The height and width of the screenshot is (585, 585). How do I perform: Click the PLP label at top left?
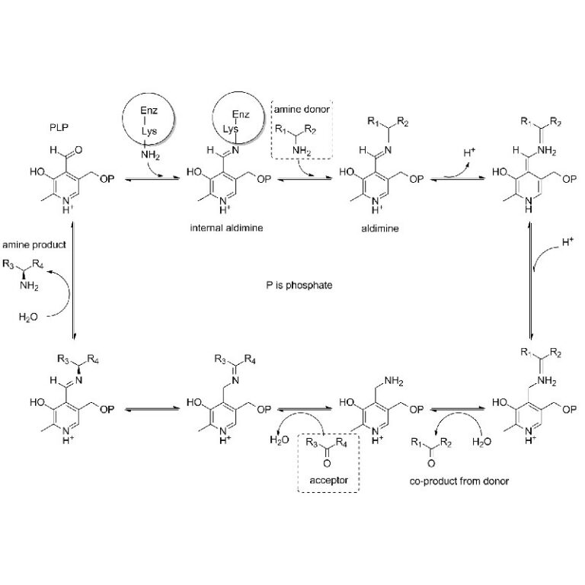[x=59, y=128]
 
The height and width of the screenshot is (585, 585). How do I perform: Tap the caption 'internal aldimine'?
[x=226, y=228]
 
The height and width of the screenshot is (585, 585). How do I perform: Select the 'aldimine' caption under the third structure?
[x=380, y=229]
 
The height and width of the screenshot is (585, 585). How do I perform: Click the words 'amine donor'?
[x=302, y=110]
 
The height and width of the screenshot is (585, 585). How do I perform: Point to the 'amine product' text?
[x=34, y=245]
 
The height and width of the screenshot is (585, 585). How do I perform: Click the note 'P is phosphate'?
[x=299, y=286]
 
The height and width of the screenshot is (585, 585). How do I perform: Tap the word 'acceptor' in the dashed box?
[x=328, y=480]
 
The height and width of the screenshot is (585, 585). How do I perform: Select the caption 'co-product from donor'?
[x=459, y=481]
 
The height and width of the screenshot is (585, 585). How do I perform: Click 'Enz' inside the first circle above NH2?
[x=149, y=110]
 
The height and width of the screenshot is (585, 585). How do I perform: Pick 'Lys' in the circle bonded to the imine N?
[x=231, y=129]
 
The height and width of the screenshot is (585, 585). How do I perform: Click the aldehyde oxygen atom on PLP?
[x=78, y=150]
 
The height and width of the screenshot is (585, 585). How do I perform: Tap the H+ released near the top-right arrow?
[x=469, y=152]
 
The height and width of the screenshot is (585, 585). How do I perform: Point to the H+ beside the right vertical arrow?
[x=567, y=242]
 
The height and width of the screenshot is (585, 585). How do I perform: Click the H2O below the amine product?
[x=28, y=318]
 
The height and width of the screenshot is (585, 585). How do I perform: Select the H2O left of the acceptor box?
[x=280, y=440]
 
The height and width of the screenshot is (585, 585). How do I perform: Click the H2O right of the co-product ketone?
[x=481, y=442]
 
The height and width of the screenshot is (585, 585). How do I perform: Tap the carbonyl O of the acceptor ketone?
[x=327, y=463]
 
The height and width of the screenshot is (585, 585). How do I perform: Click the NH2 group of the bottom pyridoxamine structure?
[x=394, y=382]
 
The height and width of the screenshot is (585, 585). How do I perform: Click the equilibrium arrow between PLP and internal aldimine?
[x=152, y=180]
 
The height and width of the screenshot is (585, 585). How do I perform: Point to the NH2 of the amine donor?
[x=302, y=151]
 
